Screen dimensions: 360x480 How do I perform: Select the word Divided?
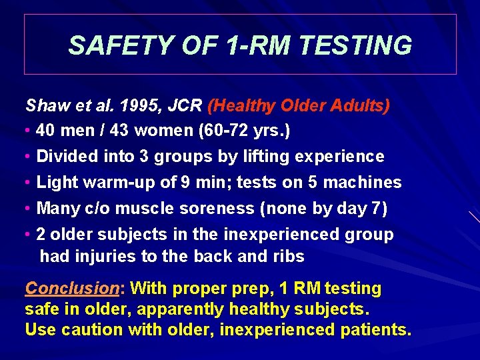click(x=63, y=157)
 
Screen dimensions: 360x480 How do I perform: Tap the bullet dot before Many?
click(x=28, y=209)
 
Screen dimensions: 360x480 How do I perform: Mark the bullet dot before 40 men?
click(x=28, y=131)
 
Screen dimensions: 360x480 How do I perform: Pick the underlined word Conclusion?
click(x=72, y=289)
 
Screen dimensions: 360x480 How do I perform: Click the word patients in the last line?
click(x=374, y=330)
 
